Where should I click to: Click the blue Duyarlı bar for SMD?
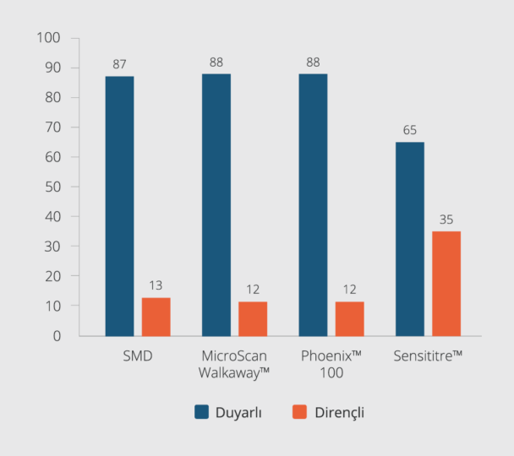(119, 206)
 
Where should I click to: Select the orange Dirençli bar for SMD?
(156, 317)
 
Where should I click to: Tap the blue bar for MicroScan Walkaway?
(216, 205)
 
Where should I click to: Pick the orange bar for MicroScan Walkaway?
(253, 318)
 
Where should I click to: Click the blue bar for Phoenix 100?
(313, 205)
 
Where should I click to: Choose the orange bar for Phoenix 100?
(350, 318)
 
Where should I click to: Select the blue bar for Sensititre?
(410, 239)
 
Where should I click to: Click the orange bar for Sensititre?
(446, 284)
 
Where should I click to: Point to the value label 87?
(119, 64)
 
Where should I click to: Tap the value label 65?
(410, 130)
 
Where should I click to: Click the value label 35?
(446, 220)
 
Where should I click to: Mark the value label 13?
(156, 285)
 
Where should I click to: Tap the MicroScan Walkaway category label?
(235, 363)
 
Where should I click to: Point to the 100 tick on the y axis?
(49, 38)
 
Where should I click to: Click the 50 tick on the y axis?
(52, 187)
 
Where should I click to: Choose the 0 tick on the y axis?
(57, 335)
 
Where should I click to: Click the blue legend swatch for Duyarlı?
(202, 412)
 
